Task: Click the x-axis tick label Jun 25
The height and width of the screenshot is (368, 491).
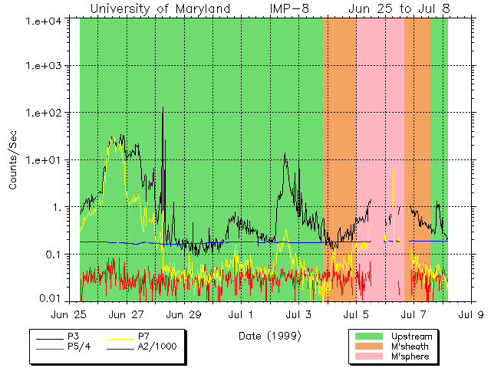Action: [x=68, y=314]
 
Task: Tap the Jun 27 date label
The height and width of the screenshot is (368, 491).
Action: [x=127, y=314]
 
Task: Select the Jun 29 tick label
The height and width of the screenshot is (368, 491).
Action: [x=184, y=314]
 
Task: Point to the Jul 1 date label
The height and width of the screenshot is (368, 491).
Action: [x=241, y=314]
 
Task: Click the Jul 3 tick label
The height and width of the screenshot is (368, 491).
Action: [x=298, y=314]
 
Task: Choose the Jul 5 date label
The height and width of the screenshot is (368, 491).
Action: [x=356, y=314]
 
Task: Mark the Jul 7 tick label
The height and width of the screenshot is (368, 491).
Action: [x=414, y=314]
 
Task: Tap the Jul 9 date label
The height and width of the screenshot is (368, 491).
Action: [x=470, y=314]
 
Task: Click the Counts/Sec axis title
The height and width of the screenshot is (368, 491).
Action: [x=13, y=160]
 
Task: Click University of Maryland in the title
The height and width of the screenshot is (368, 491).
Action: [x=160, y=8]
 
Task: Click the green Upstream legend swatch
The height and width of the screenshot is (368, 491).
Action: [x=367, y=337]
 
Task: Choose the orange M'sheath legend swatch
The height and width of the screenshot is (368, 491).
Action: [x=367, y=347]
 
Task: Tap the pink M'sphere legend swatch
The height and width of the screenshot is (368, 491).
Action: [x=367, y=357]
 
